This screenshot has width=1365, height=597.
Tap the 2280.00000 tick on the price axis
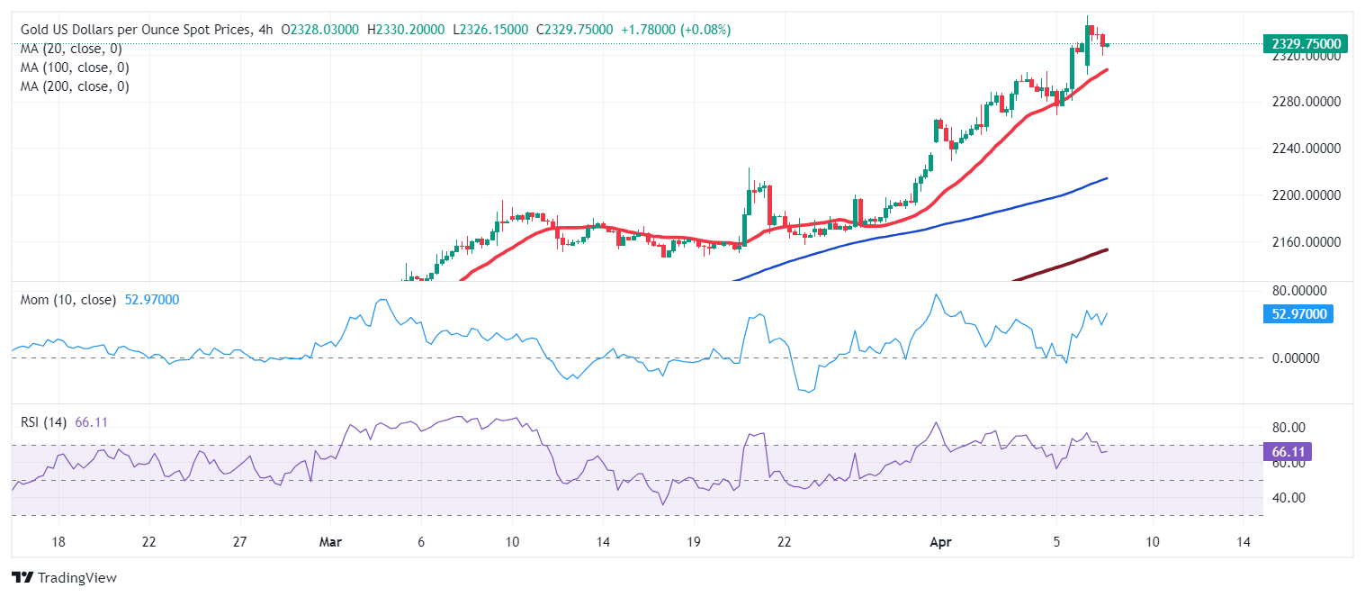[1304, 102]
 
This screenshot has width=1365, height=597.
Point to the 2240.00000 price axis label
[1304, 149]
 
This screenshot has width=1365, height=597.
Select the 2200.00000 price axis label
[1304, 195]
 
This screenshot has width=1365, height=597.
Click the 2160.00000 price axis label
[1304, 242]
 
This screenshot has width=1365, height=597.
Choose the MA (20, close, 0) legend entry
[71, 49]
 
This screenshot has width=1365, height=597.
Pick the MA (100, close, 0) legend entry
[75, 68]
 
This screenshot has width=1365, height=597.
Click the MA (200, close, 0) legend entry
[75, 86]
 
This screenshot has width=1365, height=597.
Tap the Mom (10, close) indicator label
[68, 300]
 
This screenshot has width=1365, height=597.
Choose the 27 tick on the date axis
[239, 542]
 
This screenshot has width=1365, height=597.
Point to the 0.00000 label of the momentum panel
[1295, 358]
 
